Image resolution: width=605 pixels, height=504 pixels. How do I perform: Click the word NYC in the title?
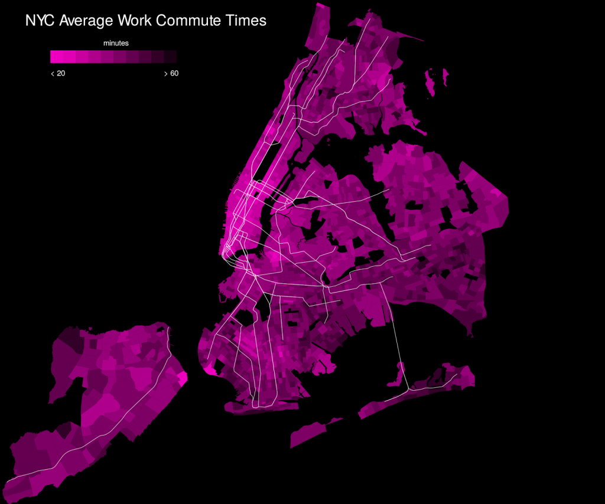pos(40,21)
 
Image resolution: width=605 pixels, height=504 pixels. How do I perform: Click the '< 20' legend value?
pos(58,73)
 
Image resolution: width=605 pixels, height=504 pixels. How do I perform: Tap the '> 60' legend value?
pos(171,73)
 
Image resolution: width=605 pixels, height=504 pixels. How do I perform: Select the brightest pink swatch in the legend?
pos(57,57)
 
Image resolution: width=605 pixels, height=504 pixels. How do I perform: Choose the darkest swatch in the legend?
pos(170,57)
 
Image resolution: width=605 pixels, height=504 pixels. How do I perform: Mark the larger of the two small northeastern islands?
pos(432,83)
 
